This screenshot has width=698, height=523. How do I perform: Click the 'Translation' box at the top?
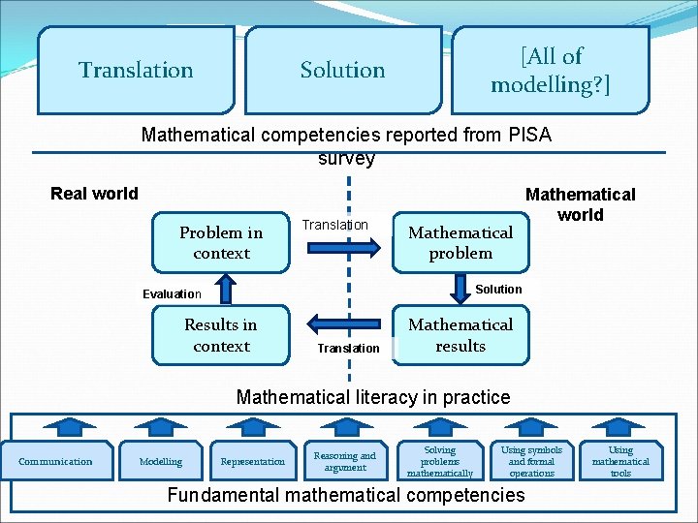click(136, 70)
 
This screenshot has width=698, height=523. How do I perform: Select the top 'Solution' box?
click(342, 70)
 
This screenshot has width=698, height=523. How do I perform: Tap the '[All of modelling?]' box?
click(551, 70)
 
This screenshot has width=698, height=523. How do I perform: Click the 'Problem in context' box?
click(221, 243)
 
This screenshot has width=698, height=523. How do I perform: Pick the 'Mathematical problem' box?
click(460, 243)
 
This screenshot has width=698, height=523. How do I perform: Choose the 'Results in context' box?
click(221, 335)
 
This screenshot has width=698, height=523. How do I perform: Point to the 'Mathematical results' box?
click(460, 335)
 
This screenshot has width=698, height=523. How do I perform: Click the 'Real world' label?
click(94, 194)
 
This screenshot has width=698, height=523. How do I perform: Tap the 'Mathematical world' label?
click(580, 204)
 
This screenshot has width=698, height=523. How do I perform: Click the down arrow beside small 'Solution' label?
click(461, 288)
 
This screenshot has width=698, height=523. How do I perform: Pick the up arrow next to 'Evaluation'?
click(225, 288)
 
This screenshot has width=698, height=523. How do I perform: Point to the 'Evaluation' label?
click(172, 294)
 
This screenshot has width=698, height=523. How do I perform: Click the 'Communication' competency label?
click(56, 462)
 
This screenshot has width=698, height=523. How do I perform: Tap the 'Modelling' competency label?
click(161, 462)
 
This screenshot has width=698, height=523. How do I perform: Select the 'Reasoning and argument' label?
click(345, 461)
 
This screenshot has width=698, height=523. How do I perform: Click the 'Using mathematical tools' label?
click(620, 462)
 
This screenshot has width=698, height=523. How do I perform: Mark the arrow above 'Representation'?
click(253, 424)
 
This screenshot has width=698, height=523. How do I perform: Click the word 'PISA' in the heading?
click(529, 136)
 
